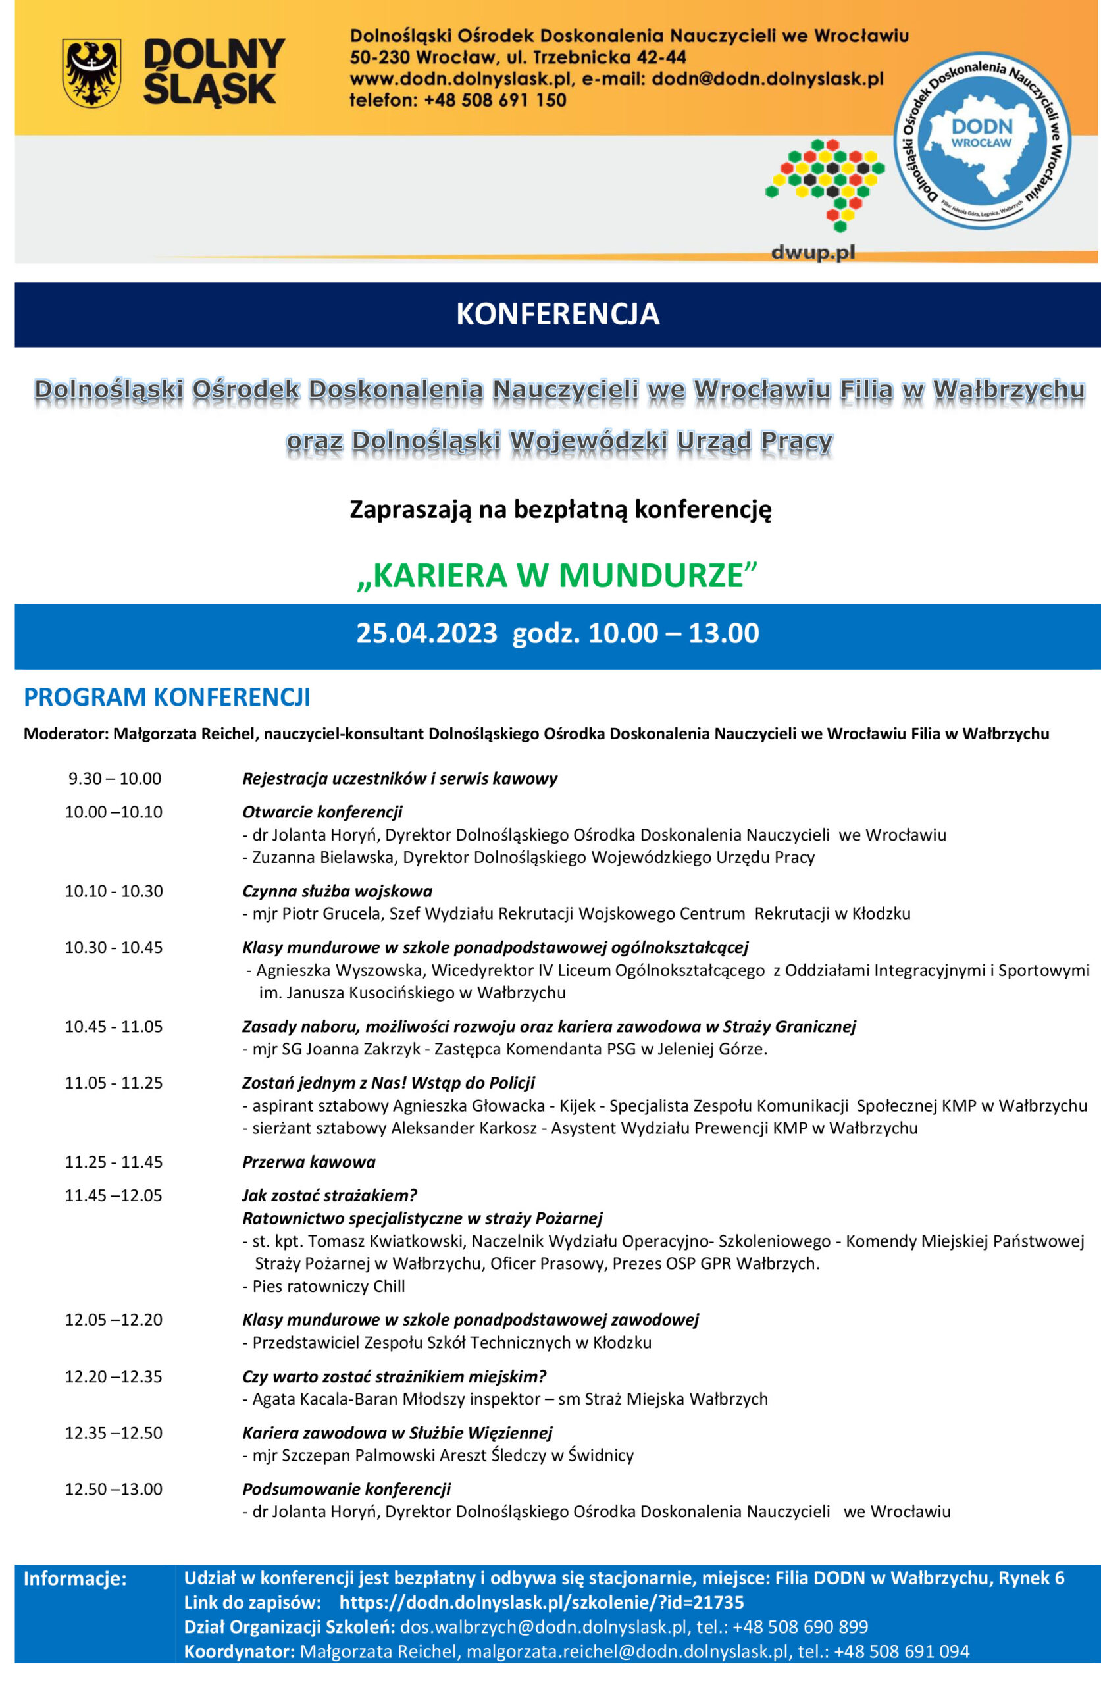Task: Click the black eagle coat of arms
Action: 91,73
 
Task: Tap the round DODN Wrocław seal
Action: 982,141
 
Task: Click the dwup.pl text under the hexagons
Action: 813,252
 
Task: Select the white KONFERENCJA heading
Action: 557,315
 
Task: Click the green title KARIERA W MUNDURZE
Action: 557,575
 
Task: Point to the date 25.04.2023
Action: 426,633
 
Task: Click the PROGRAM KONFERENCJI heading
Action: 167,697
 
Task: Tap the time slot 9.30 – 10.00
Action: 115,779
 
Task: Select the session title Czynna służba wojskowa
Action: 337,891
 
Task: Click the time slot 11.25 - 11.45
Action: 114,1162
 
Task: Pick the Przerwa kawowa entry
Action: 309,1162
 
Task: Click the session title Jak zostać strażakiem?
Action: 329,1195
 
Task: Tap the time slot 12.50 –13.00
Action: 114,1489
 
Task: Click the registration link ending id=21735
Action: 542,1602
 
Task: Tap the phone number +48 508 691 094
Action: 902,1651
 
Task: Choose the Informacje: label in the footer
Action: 75,1578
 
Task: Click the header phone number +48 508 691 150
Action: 495,101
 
